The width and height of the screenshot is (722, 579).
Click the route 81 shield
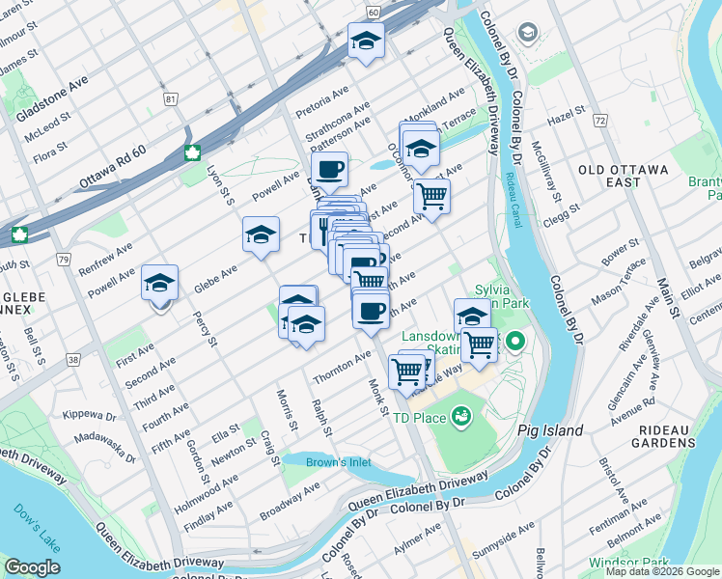tap(172, 99)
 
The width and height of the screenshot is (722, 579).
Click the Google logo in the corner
tap(32, 567)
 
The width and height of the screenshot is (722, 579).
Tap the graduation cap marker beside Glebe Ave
tap(261, 234)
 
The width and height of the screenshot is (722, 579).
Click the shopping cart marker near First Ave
tap(431, 196)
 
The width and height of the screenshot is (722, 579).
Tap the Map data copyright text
tap(662, 571)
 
